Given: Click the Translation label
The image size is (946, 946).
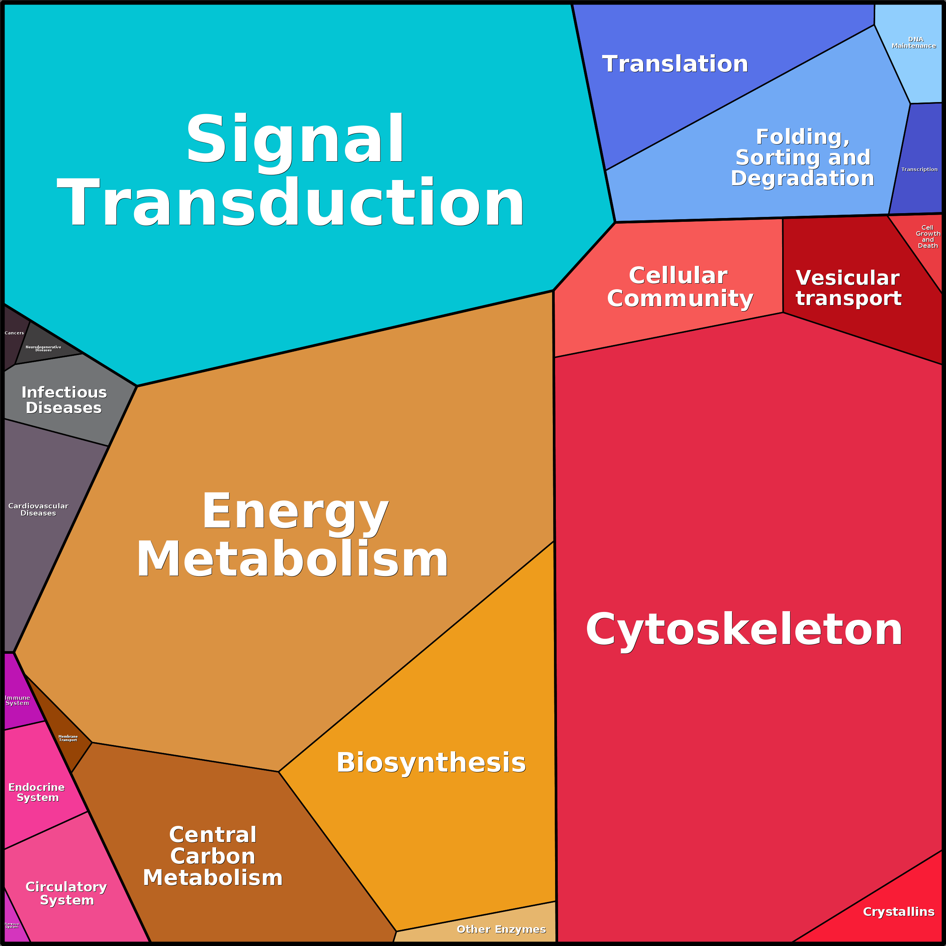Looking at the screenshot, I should (x=675, y=64).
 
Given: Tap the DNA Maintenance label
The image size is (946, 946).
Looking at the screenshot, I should (x=914, y=43).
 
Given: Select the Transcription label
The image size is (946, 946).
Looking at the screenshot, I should (x=919, y=169).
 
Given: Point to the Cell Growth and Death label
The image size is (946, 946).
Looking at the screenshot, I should (x=928, y=236).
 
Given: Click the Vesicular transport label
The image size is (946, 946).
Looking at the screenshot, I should (x=848, y=288).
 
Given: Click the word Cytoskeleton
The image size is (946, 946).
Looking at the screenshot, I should (x=744, y=630).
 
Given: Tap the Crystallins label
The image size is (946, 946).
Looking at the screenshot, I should (x=899, y=911).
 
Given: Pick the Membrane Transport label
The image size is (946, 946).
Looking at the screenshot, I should (x=68, y=738).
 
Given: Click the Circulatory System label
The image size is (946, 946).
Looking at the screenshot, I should (x=66, y=893).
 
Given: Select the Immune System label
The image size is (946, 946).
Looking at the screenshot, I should (x=17, y=700).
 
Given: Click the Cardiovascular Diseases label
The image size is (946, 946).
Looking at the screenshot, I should (x=38, y=509).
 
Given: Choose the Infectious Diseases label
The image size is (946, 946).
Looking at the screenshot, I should (x=64, y=400).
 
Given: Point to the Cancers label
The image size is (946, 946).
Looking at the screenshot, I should (x=14, y=333).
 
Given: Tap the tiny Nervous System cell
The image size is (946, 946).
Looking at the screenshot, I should (x=12, y=925).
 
